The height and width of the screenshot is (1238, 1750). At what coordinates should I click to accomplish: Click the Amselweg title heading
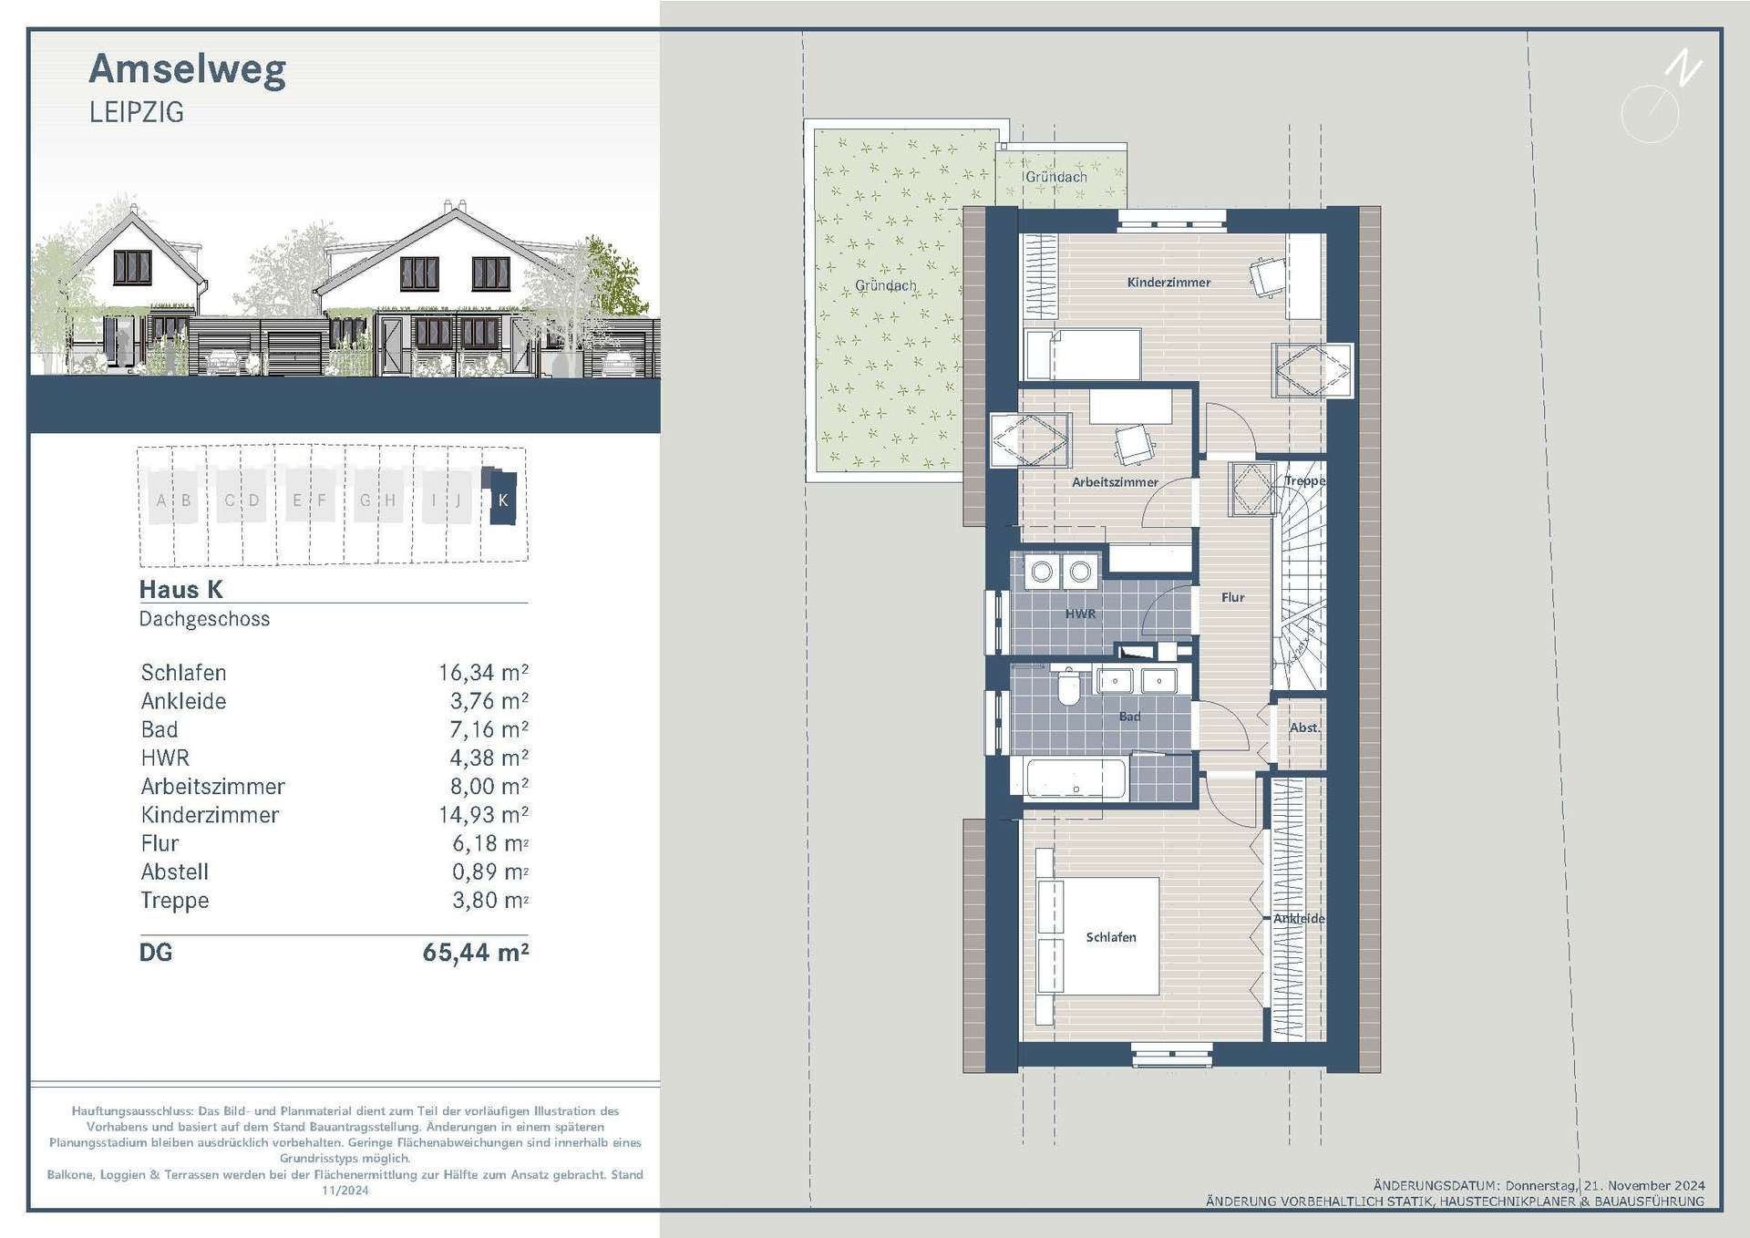(188, 70)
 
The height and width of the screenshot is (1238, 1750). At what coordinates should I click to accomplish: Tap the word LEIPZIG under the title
(137, 113)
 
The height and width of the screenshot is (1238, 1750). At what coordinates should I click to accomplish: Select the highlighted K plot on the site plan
(502, 500)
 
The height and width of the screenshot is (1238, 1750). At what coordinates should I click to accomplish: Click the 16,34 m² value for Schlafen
(483, 673)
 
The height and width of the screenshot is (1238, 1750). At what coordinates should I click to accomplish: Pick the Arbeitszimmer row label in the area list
(212, 787)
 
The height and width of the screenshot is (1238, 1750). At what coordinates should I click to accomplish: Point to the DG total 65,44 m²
(475, 953)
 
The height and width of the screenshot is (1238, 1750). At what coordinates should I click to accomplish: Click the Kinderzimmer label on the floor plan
(1168, 283)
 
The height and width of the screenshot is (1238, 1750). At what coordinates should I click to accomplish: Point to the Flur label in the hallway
(1232, 597)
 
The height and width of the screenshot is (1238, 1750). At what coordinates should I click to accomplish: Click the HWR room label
(1080, 614)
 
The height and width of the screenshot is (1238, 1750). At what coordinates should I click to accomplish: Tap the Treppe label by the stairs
(1304, 480)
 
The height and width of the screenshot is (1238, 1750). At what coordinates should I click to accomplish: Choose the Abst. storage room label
(1304, 727)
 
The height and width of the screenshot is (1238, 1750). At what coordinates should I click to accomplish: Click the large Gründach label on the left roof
(885, 285)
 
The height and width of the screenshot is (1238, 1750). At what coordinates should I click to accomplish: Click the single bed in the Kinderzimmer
(1083, 355)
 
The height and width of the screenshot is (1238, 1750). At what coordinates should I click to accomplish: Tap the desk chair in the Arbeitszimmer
(1133, 445)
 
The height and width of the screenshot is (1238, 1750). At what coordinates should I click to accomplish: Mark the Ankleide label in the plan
(1299, 918)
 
